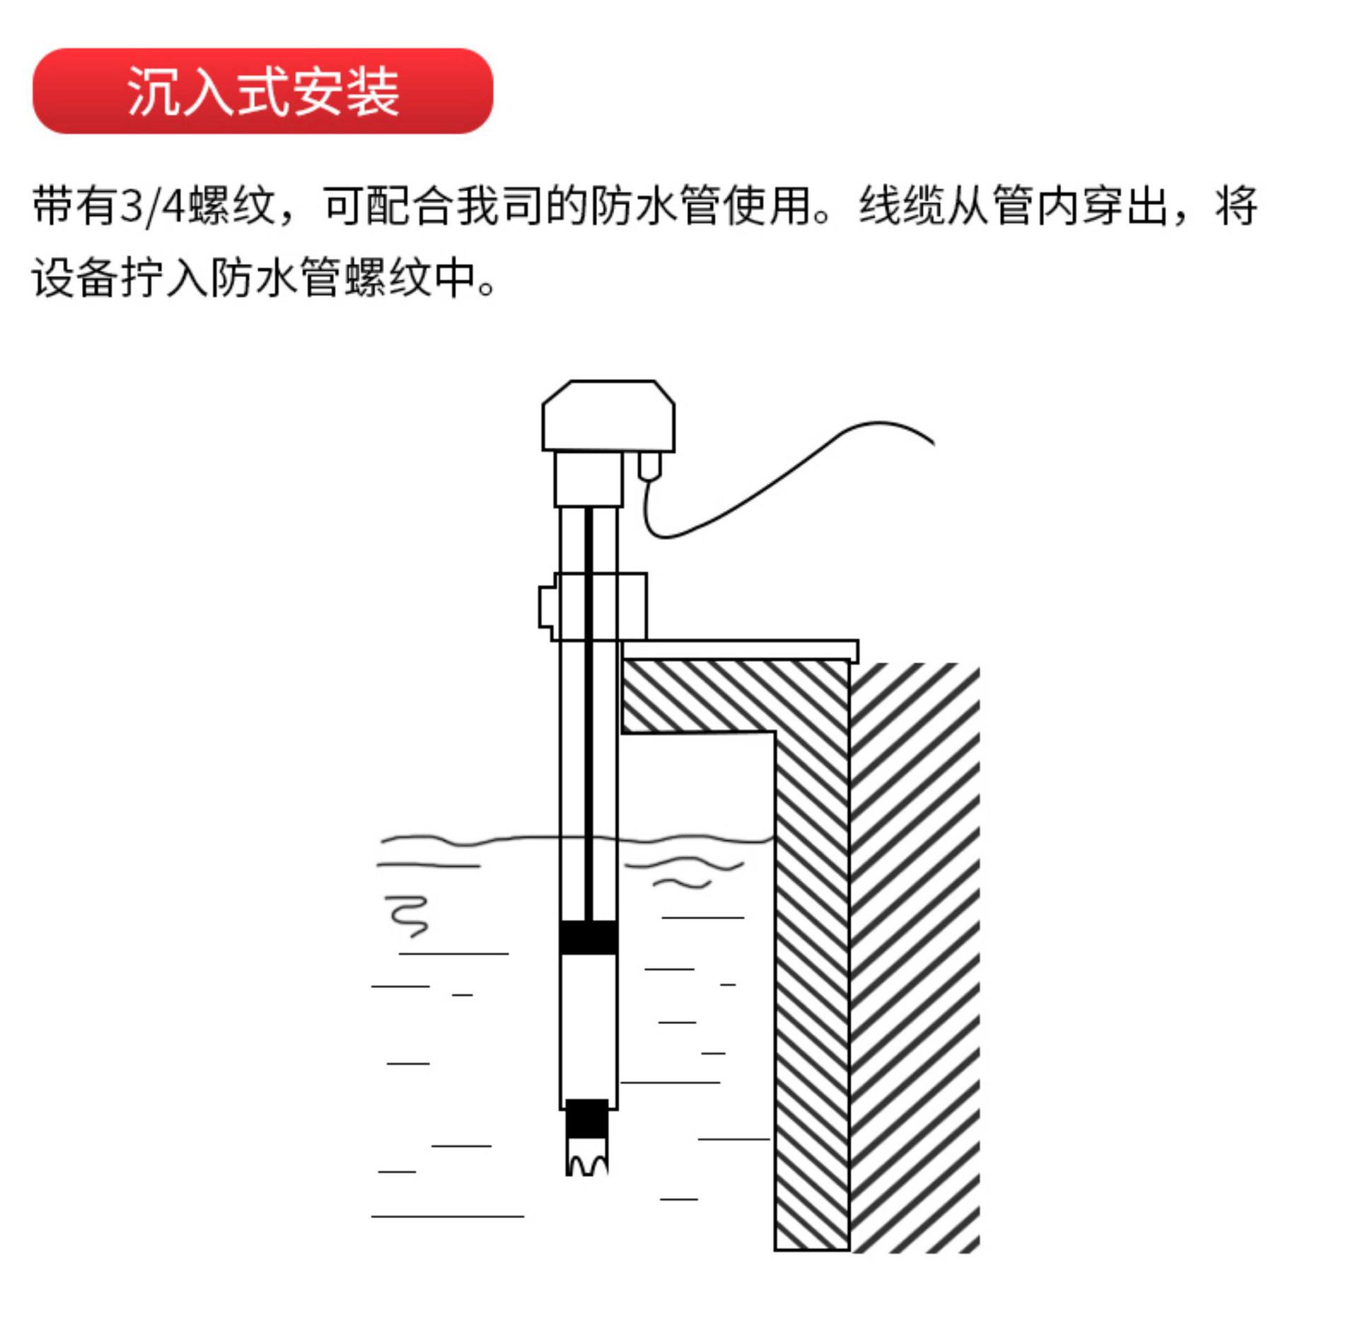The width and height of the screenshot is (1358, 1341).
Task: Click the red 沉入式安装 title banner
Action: pyautogui.click(x=262, y=91)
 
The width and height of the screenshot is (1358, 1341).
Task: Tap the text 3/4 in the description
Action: pyautogui.click(x=153, y=206)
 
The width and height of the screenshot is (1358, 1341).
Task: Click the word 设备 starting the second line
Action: pyautogui.click(x=74, y=277)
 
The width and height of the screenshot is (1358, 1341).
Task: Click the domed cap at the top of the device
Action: pyautogui.click(x=608, y=415)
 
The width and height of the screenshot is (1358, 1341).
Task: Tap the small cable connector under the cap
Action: pyautogui.click(x=649, y=466)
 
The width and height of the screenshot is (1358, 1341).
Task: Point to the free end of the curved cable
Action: pyautogui.click(x=934, y=444)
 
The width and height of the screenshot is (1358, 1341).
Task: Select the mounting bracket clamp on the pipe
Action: pyautogui.click(x=599, y=606)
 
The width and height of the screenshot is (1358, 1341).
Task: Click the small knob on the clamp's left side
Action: pyautogui.click(x=546, y=606)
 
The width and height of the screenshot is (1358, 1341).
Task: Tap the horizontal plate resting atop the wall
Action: pyautogui.click(x=740, y=650)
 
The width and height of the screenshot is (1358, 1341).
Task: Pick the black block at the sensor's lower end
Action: pyautogui.click(x=587, y=1119)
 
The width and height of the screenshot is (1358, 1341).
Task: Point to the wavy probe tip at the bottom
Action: pyautogui.click(x=587, y=1158)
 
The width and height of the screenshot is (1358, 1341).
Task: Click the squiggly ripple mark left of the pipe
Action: pyautogui.click(x=408, y=916)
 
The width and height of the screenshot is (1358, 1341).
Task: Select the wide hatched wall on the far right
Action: pyautogui.click(x=915, y=958)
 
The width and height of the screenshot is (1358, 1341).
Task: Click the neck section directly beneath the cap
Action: pyautogui.click(x=588, y=479)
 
